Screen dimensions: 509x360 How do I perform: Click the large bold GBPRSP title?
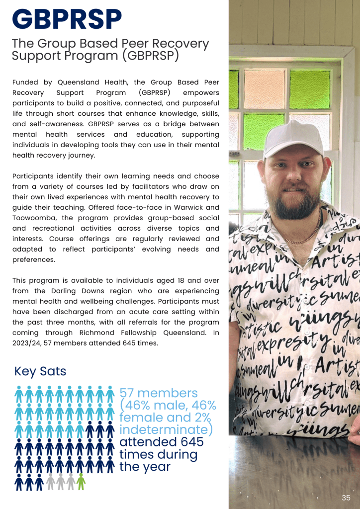click(67, 20)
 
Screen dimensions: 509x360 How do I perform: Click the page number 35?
click(346, 498)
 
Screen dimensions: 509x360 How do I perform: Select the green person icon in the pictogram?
click(81, 481)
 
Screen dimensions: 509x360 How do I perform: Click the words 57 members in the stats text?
click(159, 393)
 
